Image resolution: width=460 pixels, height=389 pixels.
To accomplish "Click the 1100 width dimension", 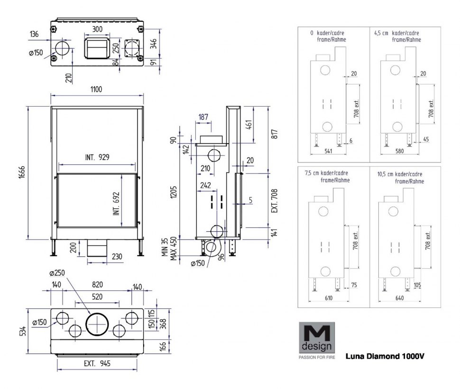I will point(97,89).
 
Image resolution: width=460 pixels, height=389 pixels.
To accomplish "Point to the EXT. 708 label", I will point(274,200).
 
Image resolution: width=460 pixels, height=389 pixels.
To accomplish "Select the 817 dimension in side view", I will point(274,134).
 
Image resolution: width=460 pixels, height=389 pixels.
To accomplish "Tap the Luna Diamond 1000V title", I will point(385,355).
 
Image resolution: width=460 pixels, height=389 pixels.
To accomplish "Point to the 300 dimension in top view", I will point(98,29).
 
